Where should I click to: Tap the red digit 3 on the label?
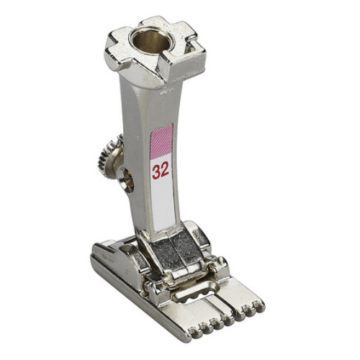[x=156, y=172]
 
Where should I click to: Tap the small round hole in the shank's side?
[x=127, y=180]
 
